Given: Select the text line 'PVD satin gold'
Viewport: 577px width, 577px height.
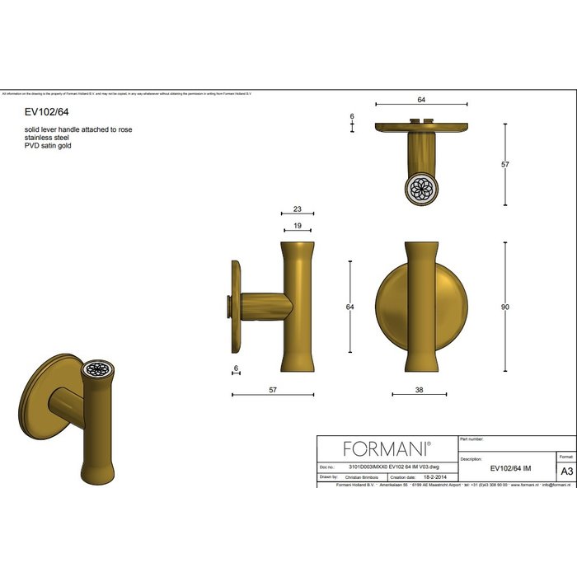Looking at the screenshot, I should (49, 146).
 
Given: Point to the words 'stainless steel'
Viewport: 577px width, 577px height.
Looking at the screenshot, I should (47, 138).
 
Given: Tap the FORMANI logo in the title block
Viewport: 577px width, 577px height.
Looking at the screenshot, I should (387, 448).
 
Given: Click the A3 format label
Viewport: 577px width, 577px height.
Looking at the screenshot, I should (566, 471).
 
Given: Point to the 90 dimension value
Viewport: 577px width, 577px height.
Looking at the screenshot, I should (505, 307).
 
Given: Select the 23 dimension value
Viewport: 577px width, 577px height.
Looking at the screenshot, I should (298, 210).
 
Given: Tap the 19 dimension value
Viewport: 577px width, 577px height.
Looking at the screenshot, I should (298, 225).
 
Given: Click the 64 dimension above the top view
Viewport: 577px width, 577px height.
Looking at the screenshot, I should (421, 100).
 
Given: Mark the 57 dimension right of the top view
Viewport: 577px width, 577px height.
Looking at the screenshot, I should (505, 164).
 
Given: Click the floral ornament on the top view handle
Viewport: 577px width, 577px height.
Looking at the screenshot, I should (421, 187).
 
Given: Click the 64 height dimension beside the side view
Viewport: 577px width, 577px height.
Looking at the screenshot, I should (349, 307).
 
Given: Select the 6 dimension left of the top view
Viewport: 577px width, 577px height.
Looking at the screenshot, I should (352, 117).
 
